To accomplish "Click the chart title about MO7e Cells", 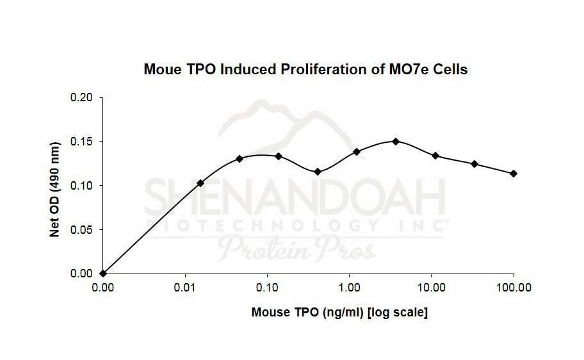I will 305,69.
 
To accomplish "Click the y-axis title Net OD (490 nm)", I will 54,186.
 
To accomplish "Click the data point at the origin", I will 103,274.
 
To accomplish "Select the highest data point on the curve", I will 396,141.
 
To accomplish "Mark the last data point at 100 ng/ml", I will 514,174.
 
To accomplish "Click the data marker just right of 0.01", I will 200,183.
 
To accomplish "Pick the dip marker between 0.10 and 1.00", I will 318,172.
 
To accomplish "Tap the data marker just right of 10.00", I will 435,156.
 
